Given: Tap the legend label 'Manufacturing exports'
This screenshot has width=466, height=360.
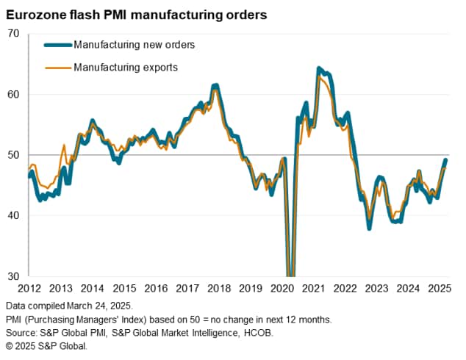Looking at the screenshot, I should [126, 67].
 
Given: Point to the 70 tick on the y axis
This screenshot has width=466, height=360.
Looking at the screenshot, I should [14, 33].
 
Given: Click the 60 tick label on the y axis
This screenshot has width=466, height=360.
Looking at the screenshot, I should [14, 94].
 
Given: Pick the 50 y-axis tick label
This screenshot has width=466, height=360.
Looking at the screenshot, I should [14, 155].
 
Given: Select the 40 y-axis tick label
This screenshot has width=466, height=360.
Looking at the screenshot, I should [14, 215].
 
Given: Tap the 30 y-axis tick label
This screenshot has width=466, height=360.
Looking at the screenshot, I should [14, 276].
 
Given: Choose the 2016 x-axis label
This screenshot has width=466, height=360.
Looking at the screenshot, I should [155, 289].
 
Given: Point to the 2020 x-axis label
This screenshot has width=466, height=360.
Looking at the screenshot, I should [282, 289].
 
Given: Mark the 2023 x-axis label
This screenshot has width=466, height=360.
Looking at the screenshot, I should [377, 289].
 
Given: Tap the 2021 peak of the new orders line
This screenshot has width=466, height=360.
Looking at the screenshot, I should [319, 68].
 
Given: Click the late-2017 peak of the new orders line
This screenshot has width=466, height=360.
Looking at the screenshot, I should [215, 86].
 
